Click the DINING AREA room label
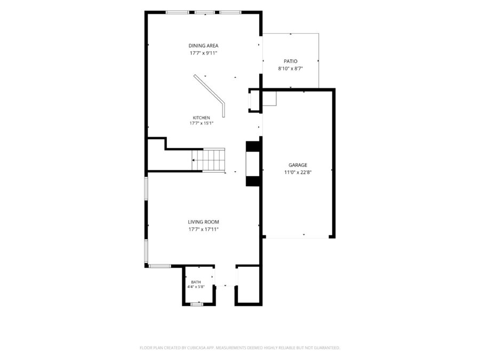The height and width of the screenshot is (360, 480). pyautogui.click(x=203, y=46)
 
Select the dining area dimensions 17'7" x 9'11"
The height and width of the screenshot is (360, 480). pyautogui.click(x=203, y=53)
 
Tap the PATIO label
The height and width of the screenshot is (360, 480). pyautogui.click(x=291, y=61)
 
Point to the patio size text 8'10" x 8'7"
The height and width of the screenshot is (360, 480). pyautogui.click(x=291, y=69)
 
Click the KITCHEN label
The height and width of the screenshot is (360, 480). pyautogui.click(x=202, y=118)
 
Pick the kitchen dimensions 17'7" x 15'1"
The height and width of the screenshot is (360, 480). pyautogui.click(x=202, y=123)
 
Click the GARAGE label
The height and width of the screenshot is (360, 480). pyautogui.click(x=298, y=165)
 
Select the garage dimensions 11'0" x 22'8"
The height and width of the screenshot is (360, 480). pyautogui.click(x=298, y=172)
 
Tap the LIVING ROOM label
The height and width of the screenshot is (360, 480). pyautogui.click(x=203, y=222)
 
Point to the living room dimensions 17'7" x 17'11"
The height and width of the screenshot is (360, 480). pyautogui.click(x=203, y=229)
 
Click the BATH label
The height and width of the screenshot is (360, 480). pyautogui.click(x=196, y=282)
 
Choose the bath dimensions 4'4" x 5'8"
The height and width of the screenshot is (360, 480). pyautogui.click(x=196, y=287)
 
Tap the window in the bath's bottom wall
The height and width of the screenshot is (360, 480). pyautogui.click(x=197, y=305)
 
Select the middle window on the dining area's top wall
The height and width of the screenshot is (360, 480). pyautogui.click(x=205, y=13)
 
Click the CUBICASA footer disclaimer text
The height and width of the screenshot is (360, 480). pyautogui.click(x=240, y=348)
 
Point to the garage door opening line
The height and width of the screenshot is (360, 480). pyautogui.click(x=298, y=238)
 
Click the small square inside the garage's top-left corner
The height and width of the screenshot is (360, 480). pyautogui.click(x=269, y=98)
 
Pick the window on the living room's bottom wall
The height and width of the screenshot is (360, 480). pyautogui.click(x=160, y=266)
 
